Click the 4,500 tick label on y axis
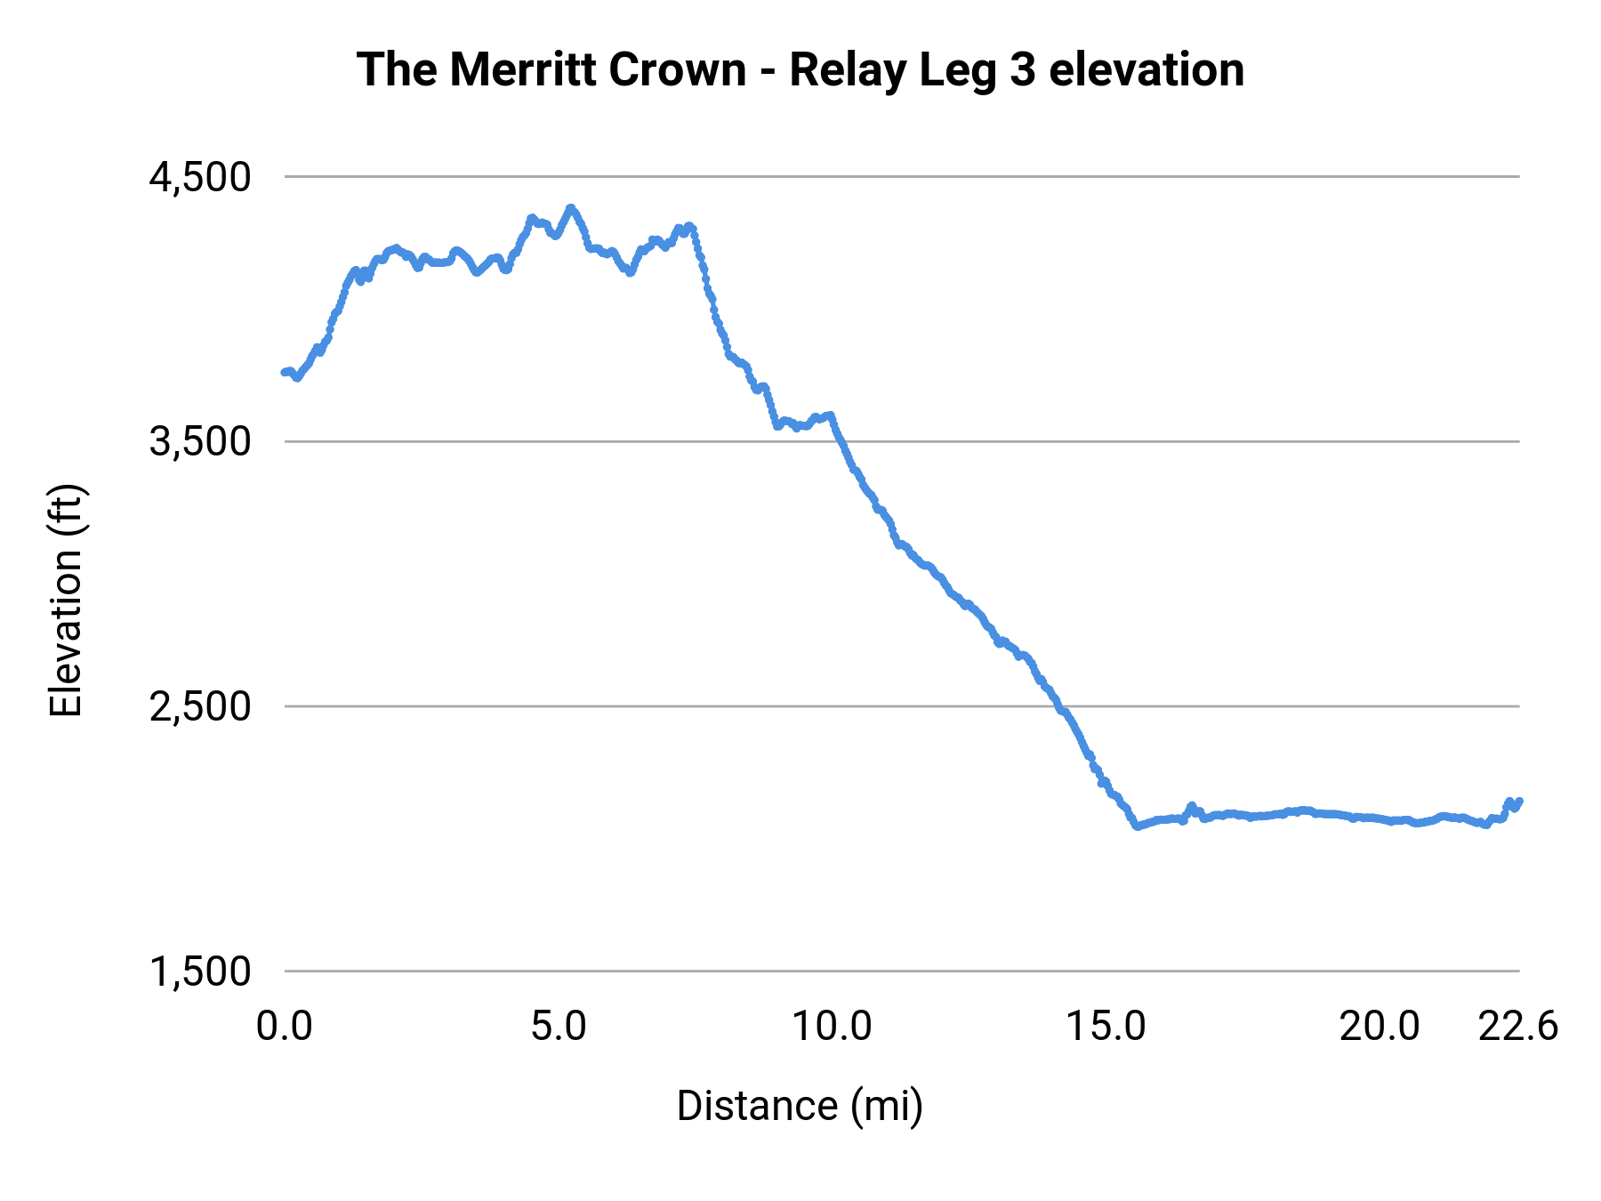[200, 177]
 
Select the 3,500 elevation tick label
[200, 441]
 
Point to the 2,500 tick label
[200, 706]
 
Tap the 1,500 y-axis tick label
[200, 971]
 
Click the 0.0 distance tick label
[285, 1027]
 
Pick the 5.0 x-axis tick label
[559, 1027]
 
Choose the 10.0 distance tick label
[833, 1027]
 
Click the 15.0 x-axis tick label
[1106, 1027]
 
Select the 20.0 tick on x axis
[1380, 1027]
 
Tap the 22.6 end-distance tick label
[1518, 1027]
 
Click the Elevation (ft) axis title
[66, 600]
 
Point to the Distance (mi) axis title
[800, 1106]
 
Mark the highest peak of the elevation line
[571, 208]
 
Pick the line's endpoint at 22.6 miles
[1519, 802]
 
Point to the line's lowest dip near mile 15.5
[1137, 826]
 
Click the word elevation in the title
[1146, 69]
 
